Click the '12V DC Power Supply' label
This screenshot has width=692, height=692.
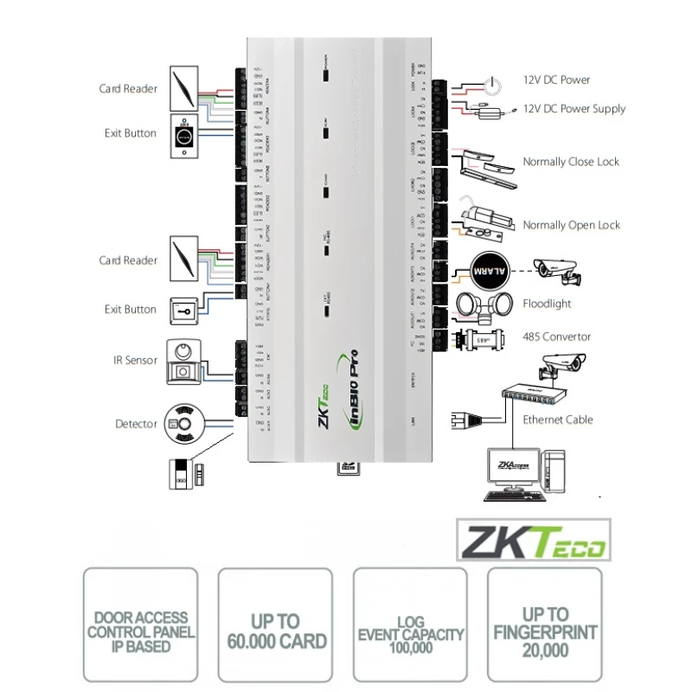[573, 109]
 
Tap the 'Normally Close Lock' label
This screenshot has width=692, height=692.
[571, 162]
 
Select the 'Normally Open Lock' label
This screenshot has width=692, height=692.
[571, 225]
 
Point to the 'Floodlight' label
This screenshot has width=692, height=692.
[547, 304]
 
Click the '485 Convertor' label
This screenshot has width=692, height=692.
[556, 336]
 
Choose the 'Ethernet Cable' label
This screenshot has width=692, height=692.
[558, 420]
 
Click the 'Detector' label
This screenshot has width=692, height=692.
[136, 424]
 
